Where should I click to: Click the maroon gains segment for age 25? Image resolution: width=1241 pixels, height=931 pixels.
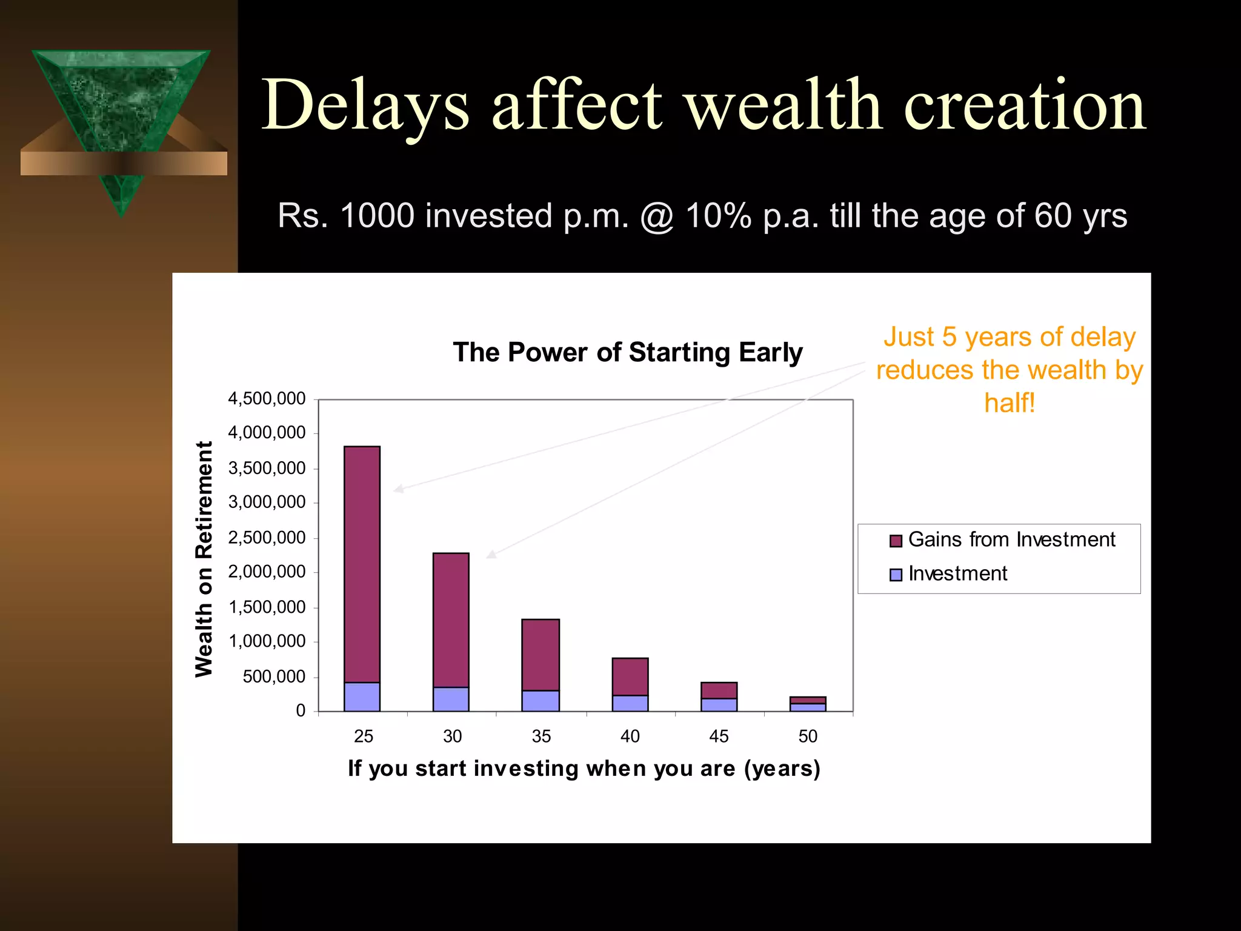(362, 564)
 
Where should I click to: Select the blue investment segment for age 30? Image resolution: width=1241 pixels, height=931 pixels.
(451, 699)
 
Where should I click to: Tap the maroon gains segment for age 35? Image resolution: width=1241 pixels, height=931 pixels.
(541, 655)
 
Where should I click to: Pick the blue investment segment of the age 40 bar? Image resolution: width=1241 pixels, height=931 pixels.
(630, 703)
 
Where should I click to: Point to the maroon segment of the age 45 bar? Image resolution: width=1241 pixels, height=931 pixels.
(719, 690)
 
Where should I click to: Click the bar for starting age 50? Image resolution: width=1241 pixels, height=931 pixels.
(808, 704)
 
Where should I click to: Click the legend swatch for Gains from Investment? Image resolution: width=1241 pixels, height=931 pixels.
(896, 541)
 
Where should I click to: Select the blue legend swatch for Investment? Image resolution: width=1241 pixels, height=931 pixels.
(896, 575)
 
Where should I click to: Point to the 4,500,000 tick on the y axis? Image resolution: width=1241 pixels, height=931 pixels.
(267, 399)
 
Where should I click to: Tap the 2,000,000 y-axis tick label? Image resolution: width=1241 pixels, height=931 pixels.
(267, 572)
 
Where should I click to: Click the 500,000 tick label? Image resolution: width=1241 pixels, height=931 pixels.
(274, 676)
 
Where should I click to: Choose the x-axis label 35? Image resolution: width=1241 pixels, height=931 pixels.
(541, 736)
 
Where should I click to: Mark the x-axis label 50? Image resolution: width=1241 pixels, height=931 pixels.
(808, 736)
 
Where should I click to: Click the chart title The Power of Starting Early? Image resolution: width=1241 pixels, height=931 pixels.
(628, 352)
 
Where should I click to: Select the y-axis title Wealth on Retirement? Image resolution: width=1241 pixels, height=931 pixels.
(204, 558)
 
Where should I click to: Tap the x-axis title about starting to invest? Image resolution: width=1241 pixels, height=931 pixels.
(584, 768)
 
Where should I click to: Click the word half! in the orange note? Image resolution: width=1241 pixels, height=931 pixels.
(1010, 402)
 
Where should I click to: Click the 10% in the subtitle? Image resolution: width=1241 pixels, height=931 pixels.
(719, 216)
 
